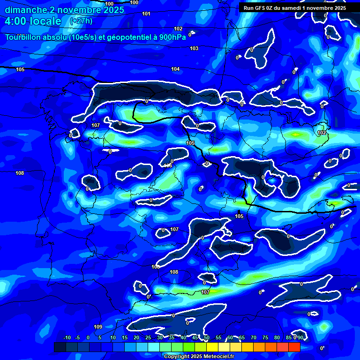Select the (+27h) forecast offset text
coord(81,21)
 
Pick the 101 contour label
coord(146,14)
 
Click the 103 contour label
coord(194,48)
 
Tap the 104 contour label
coord(175,69)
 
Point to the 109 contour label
coord(98,327)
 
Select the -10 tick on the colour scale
coord(67,337)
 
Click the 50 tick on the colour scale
coord(207,337)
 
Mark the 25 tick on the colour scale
coord(148,337)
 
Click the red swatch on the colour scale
coord(294,347)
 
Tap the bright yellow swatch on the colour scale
coord(212,347)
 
